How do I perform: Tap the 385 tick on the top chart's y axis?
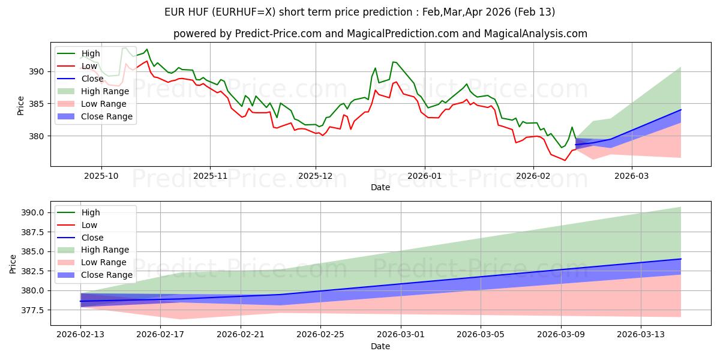[37, 104]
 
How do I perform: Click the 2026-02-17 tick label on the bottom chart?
[160, 334]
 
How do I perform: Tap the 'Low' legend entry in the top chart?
[90, 66]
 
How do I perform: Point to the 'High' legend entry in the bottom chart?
[91, 212]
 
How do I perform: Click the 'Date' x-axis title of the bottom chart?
[380, 346]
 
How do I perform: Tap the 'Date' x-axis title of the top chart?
[380, 187]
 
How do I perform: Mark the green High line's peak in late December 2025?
[393, 62]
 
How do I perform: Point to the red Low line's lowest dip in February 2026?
[565, 160]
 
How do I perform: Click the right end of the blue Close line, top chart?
[681, 110]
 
